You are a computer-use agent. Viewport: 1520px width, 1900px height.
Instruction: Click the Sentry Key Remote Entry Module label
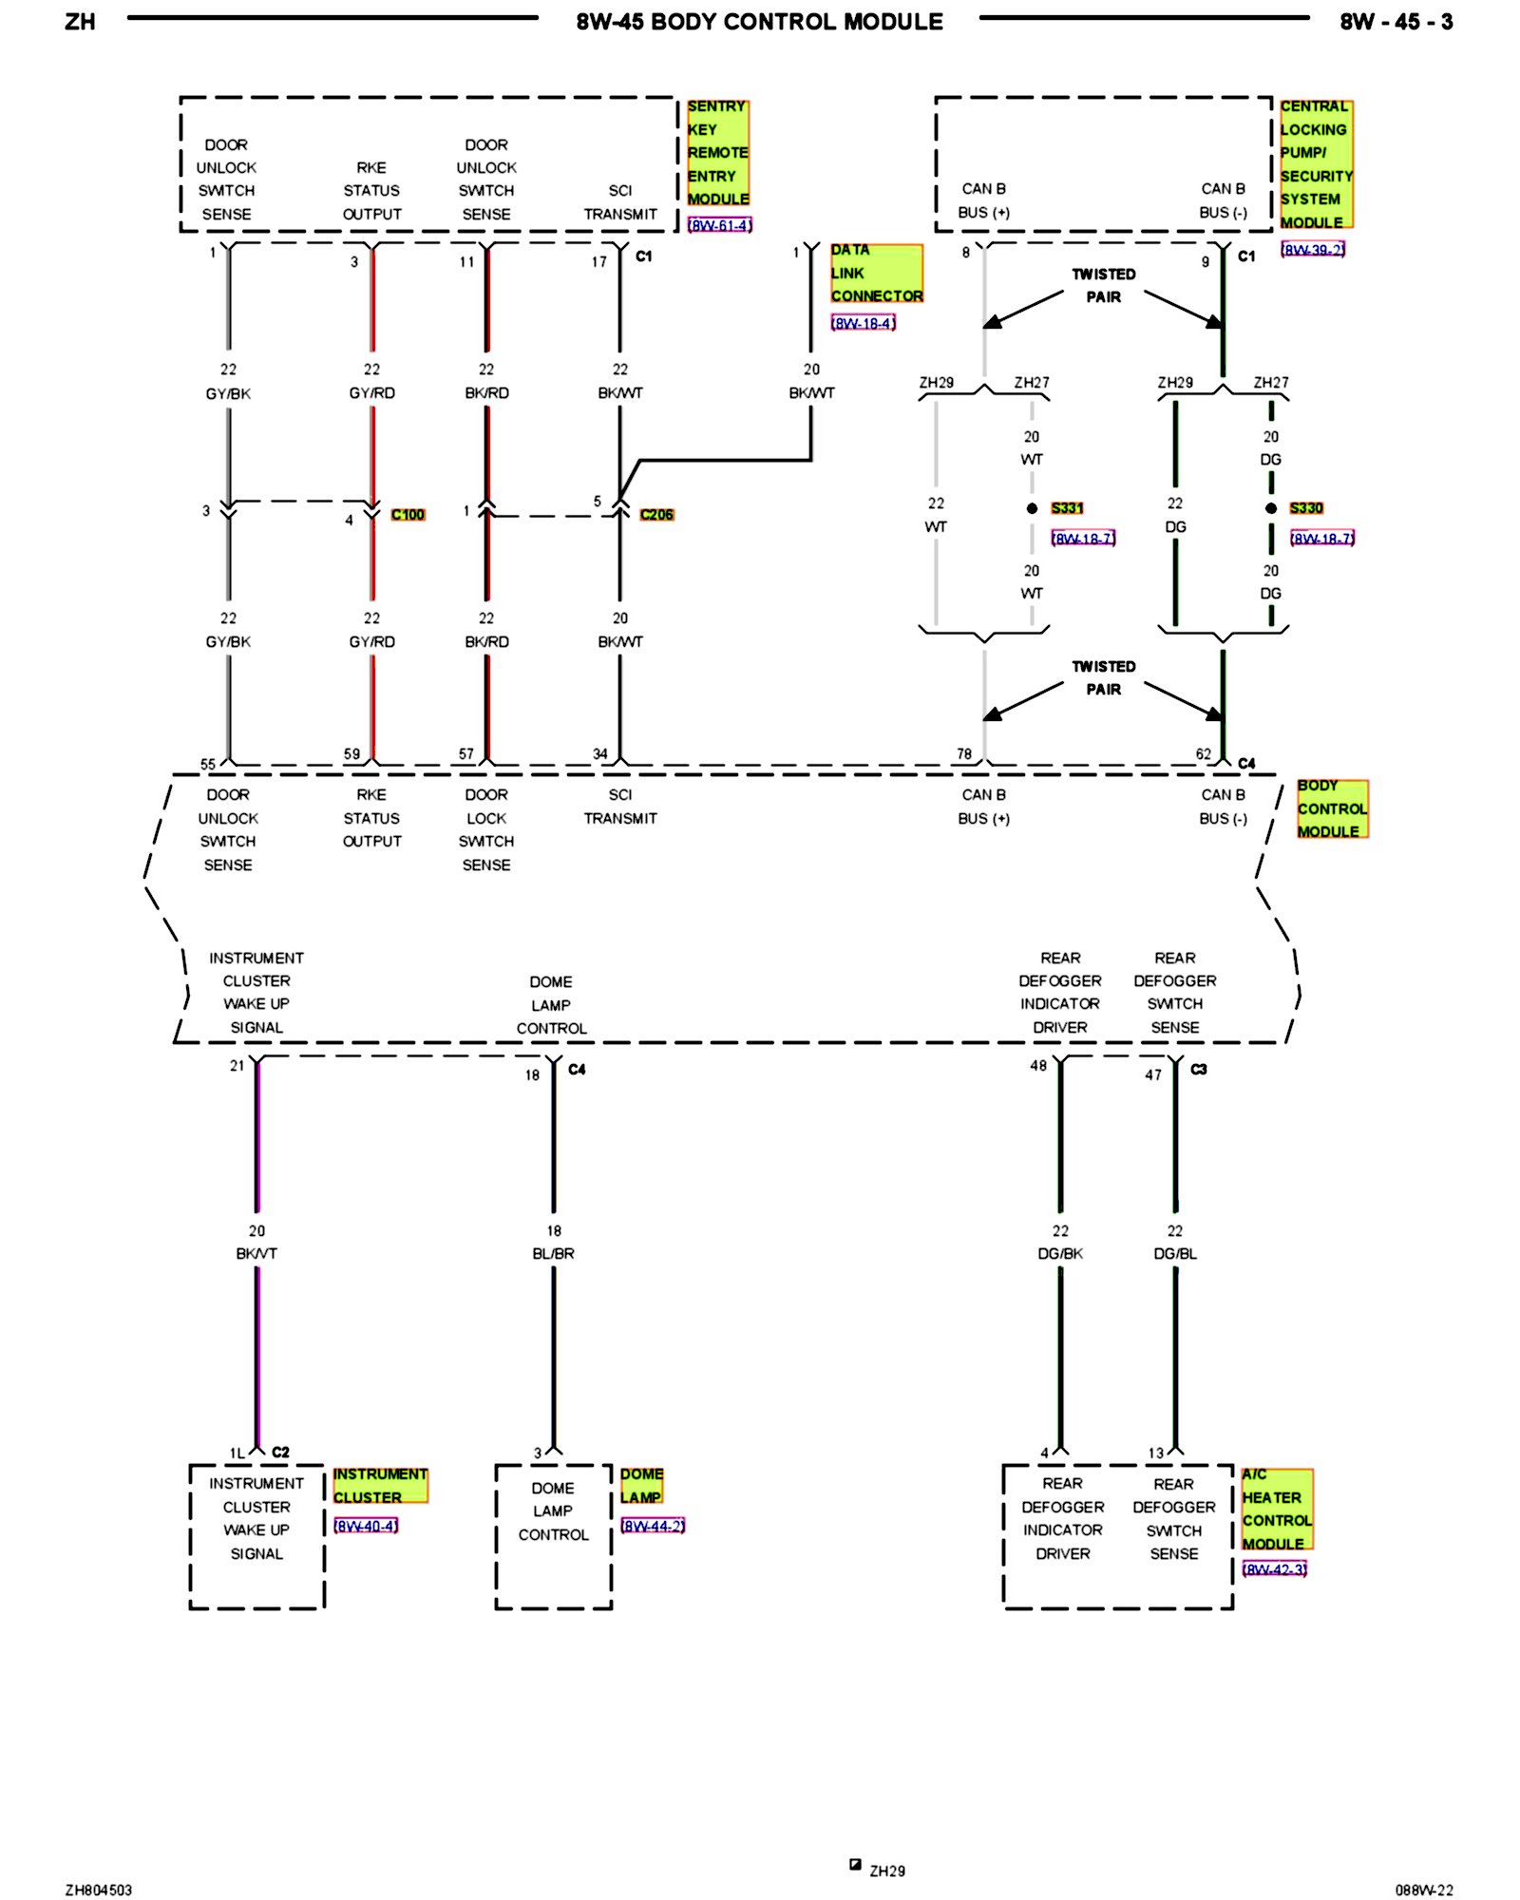tap(717, 153)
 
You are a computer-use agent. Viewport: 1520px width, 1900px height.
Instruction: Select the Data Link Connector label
tap(876, 274)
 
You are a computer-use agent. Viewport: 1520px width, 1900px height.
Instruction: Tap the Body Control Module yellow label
tap(1332, 808)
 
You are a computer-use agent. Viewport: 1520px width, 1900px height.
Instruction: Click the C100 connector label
tap(408, 515)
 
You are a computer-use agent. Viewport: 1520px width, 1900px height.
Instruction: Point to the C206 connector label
tap(656, 515)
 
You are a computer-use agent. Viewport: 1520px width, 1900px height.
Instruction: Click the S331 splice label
tap(1067, 508)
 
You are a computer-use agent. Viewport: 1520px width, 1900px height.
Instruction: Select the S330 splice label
tap(1306, 508)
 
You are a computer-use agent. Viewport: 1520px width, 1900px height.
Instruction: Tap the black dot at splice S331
tap(1032, 509)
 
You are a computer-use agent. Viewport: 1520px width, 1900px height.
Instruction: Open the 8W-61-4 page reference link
tap(720, 225)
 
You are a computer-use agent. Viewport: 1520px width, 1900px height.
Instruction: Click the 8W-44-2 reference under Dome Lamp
tap(653, 1526)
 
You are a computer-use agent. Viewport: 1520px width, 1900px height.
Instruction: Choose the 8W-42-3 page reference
tap(1275, 1568)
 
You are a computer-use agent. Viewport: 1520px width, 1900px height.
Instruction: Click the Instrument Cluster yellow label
tap(380, 1486)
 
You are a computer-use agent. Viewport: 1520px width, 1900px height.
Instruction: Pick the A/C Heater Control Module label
tap(1277, 1509)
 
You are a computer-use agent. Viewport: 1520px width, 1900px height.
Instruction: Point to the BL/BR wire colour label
tap(553, 1254)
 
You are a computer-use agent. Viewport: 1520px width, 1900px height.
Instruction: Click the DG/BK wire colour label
tap(1060, 1254)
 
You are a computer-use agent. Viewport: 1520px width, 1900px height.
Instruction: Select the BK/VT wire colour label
tap(256, 1254)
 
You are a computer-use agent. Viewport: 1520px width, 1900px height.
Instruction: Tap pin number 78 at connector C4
tap(964, 754)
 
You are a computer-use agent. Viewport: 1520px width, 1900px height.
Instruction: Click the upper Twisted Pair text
tap(1104, 286)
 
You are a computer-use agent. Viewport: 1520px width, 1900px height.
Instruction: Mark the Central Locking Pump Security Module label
tap(1316, 164)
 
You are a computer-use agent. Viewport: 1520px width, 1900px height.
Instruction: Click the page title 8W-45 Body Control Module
tap(759, 22)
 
